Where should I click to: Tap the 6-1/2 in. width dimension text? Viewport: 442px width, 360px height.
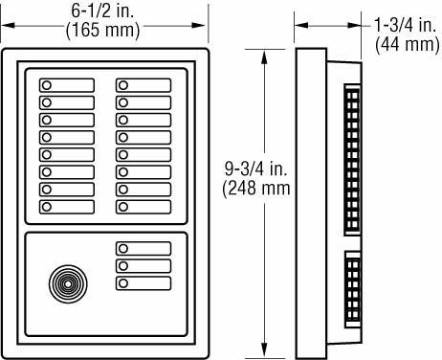102,12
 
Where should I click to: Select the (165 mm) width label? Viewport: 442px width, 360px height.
102,31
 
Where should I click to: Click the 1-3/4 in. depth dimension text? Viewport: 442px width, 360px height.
403,28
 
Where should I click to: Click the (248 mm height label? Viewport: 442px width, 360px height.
256,189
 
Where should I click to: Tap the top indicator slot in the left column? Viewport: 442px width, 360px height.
67,84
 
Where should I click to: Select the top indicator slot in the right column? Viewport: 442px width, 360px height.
144,84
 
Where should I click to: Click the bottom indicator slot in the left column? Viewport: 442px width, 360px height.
67,206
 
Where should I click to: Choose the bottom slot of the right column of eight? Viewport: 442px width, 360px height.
144,206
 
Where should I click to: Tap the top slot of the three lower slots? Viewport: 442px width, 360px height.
144,249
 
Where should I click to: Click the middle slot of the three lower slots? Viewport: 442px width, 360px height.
144,266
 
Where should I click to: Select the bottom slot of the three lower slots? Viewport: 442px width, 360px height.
144,283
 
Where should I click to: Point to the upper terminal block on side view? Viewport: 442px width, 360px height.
352,158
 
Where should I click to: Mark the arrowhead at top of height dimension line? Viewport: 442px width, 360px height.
259,52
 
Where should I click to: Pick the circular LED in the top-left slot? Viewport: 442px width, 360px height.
46,84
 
